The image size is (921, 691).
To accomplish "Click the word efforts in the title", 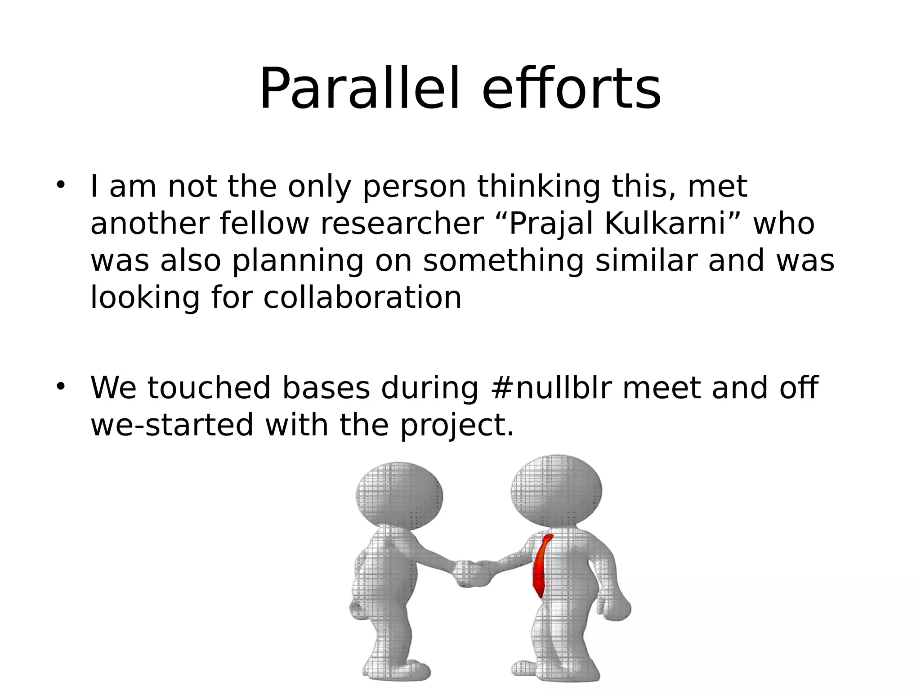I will point(571,89).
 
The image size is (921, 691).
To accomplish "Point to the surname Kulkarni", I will point(666,224).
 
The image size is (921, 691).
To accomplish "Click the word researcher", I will point(401,224).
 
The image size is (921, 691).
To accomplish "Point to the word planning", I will point(297,261).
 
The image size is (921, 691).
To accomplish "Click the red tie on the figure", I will point(541,567).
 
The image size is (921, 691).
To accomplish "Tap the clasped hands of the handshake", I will point(472,574).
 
